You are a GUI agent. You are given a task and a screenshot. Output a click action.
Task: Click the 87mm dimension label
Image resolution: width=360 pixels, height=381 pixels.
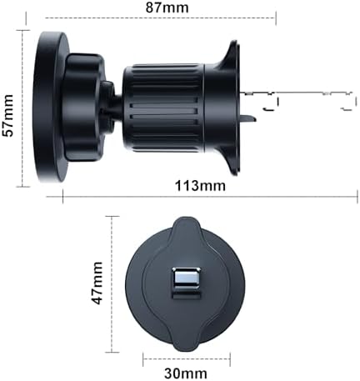point(167,8)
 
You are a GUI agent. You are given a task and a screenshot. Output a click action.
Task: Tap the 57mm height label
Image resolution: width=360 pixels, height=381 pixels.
point(7,115)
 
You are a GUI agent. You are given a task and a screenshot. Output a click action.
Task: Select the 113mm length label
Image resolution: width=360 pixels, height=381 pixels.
point(200,186)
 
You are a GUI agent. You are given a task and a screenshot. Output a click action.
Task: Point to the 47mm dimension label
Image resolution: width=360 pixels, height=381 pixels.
point(97,283)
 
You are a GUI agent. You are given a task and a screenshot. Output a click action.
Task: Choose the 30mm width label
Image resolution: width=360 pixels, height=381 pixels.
point(186,373)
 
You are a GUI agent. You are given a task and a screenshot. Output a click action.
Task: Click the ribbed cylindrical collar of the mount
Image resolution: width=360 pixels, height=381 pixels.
point(164,108)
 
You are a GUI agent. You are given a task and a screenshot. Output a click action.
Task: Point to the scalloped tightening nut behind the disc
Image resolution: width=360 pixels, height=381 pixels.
point(83,108)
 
